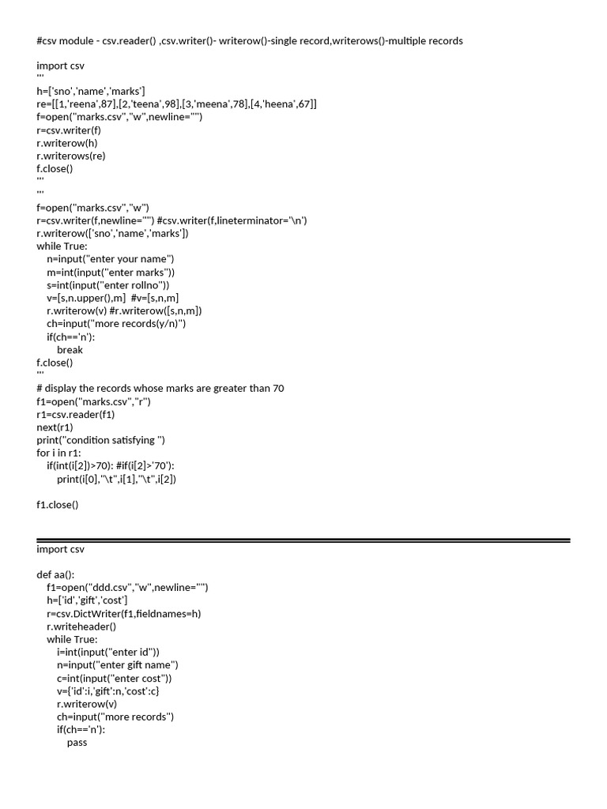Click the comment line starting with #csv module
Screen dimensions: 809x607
[249, 40]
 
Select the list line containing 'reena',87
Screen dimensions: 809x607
[176, 103]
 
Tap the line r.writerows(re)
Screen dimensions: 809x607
[70, 156]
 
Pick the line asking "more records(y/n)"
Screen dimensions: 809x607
[116, 323]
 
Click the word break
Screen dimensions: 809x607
[70, 349]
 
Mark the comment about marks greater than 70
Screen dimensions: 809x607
[160, 388]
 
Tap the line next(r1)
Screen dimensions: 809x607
[55, 427]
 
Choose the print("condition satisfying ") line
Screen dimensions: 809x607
[100, 440]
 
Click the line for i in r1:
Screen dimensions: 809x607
[58, 453]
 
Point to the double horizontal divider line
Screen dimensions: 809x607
[303, 540]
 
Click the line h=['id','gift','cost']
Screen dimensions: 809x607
[87, 600]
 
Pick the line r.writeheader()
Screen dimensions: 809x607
[81, 627]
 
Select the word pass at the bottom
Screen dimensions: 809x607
[77, 743]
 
